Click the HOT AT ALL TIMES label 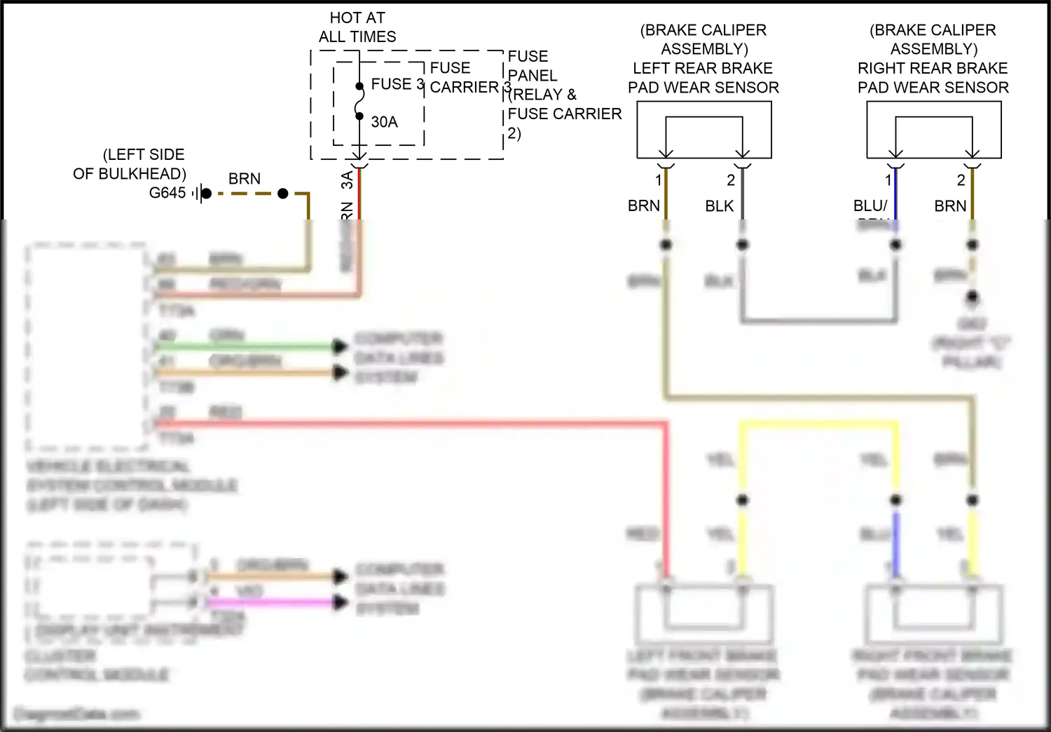pyautogui.click(x=357, y=27)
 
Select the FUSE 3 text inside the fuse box pyautogui.click(x=397, y=84)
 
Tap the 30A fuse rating pyautogui.click(x=384, y=122)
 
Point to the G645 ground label pyautogui.click(x=167, y=193)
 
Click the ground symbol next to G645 pyautogui.click(x=201, y=194)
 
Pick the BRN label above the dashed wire pyautogui.click(x=245, y=179)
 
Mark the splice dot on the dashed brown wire pyautogui.click(x=283, y=194)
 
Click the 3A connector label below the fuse pyautogui.click(x=347, y=180)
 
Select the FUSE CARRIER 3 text pyautogui.click(x=464, y=78)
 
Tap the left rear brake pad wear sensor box pyautogui.click(x=703, y=130)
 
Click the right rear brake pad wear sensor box pyautogui.click(x=933, y=130)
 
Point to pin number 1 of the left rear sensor pyautogui.click(x=658, y=180)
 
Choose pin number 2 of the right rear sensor pyautogui.click(x=961, y=180)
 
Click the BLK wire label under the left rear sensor pyautogui.click(x=719, y=206)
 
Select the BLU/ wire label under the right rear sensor pyautogui.click(x=870, y=206)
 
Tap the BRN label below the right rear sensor pyautogui.click(x=950, y=206)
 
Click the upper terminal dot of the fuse pyautogui.click(x=359, y=86)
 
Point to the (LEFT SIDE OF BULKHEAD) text pyautogui.click(x=130, y=164)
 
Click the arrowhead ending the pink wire pyautogui.click(x=341, y=602)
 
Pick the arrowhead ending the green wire pyautogui.click(x=340, y=346)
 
